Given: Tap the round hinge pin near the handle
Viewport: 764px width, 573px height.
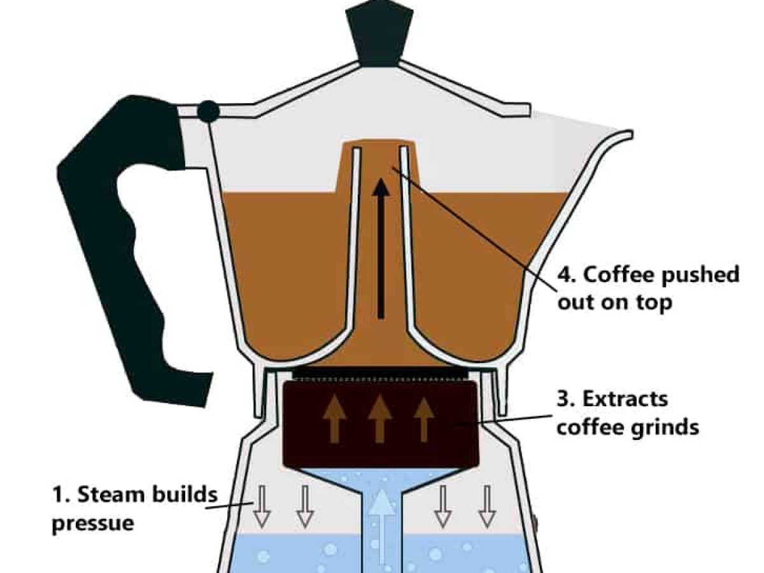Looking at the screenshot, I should [x=208, y=111].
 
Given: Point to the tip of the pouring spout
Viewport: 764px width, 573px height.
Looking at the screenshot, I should [x=627, y=134].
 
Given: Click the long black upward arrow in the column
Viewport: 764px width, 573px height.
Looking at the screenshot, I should [x=380, y=248].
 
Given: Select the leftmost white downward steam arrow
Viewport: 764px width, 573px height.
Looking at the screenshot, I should [x=260, y=506].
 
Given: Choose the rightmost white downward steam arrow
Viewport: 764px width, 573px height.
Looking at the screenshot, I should [x=487, y=506].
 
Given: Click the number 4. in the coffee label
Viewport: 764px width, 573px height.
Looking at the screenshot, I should [x=567, y=275].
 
